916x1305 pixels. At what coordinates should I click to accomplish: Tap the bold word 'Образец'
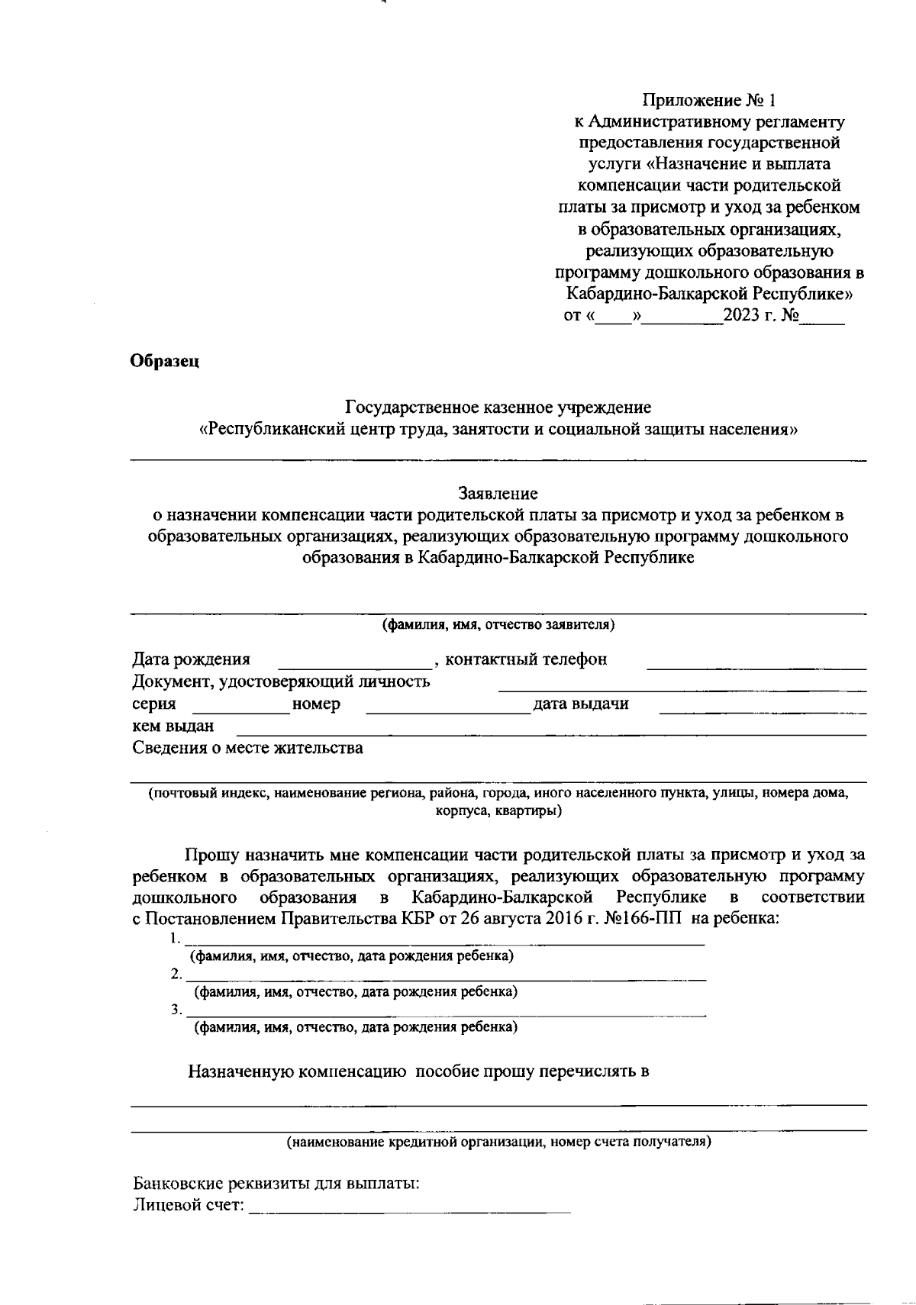(x=165, y=361)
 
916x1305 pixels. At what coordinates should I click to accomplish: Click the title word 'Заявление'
(x=498, y=494)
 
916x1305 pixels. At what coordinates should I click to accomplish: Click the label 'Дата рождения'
(x=191, y=659)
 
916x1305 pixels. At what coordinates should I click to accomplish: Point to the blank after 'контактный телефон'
(x=756, y=662)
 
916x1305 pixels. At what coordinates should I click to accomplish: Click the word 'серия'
(x=154, y=704)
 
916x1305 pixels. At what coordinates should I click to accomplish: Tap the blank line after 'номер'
(x=448, y=707)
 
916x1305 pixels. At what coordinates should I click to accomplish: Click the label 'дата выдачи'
(x=581, y=704)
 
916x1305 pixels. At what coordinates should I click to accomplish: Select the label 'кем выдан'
(x=173, y=726)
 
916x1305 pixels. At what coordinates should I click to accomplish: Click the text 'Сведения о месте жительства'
(x=247, y=748)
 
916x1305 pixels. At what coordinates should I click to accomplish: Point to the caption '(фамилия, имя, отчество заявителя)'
(x=498, y=625)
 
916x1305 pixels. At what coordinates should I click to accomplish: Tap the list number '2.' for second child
(x=176, y=975)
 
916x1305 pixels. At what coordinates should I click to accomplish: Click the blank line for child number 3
(x=447, y=1011)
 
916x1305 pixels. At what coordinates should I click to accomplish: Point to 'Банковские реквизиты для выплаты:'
(x=276, y=1184)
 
